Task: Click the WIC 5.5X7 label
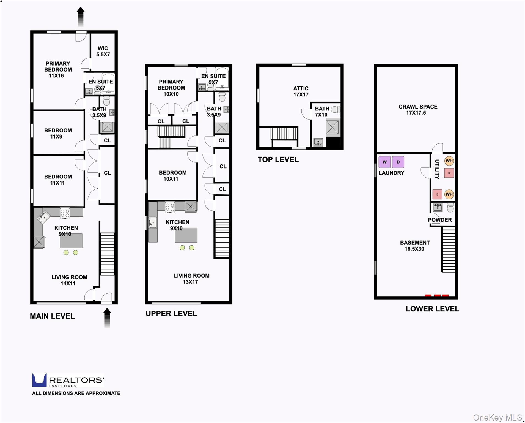(x=103, y=51)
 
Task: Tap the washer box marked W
(x=384, y=162)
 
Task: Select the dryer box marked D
(x=398, y=162)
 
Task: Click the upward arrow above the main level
(x=81, y=17)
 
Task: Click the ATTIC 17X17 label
(x=301, y=91)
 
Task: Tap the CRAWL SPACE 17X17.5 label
(x=417, y=110)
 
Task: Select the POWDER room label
(x=439, y=220)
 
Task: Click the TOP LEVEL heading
(x=278, y=160)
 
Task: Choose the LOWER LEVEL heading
(x=432, y=309)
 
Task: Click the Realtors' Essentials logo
(x=68, y=380)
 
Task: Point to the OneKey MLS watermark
(x=497, y=417)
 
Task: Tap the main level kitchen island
(x=71, y=240)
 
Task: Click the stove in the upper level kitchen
(x=170, y=207)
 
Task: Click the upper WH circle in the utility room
(x=449, y=161)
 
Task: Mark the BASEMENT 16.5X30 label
(x=414, y=246)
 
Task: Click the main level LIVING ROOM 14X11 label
(x=69, y=280)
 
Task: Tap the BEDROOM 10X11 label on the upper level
(x=172, y=176)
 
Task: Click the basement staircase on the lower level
(x=448, y=250)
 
